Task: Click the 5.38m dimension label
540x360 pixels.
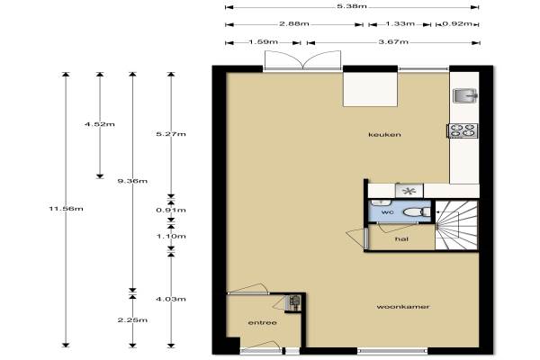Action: tap(352, 6)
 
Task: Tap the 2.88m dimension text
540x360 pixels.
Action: tap(293, 24)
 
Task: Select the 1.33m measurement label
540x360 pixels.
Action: tap(400, 23)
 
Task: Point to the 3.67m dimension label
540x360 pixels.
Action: tap(393, 42)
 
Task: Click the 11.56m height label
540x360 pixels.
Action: tap(66, 209)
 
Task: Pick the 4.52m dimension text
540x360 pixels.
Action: tap(100, 124)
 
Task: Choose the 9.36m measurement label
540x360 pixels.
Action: tap(132, 181)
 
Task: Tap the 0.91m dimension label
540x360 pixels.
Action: tap(171, 210)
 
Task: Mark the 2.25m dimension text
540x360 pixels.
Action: tap(132, 320)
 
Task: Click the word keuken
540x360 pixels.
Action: tap(384, 134)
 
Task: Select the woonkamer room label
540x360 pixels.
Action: tap(403, 307)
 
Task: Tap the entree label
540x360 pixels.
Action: tap(263, 323)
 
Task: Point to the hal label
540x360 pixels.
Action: tap(402, 238)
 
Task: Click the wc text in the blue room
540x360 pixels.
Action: tap(387, 212)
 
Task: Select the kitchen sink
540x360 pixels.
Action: tap(465, 95)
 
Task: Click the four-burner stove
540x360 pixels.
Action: tap(463, 130)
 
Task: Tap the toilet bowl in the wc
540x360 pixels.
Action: tap(417, 211)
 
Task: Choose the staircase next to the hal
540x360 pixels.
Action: tap(456, 225)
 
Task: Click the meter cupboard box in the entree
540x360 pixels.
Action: tap(294, 303)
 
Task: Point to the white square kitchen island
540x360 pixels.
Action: tap(371, 89)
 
